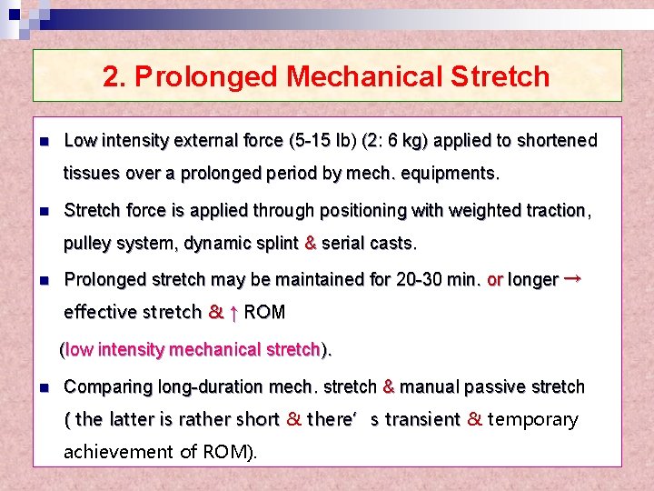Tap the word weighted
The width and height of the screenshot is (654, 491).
[x=477, y=211]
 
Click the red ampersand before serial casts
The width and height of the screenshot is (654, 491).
[x=310, y=244]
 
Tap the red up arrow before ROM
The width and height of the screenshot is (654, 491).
[x=234, y=313]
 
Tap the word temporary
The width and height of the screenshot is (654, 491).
[x=532, y=419]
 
